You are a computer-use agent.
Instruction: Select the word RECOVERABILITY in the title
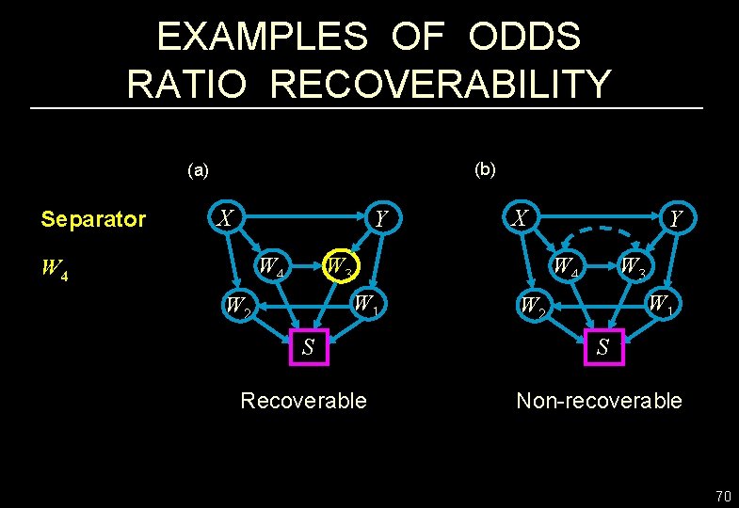coord(442,85)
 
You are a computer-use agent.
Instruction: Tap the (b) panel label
coord(486,169)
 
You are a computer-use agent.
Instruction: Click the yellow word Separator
coord(93,220)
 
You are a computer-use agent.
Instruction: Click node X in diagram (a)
coord(224,218)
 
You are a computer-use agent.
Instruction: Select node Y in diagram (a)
coord(380,219)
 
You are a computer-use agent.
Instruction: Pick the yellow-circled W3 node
coord(338,267)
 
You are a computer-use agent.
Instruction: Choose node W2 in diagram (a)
coord(236,306)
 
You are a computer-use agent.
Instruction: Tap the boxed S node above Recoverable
coord(307,345)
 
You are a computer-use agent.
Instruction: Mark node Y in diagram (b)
coord(674,219)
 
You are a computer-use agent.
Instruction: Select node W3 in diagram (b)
coord(633,267)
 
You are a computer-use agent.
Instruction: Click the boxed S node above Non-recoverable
coord(602,346)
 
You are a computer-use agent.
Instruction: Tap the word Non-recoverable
coord(599,401)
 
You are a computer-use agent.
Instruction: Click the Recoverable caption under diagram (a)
coord(303,401)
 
